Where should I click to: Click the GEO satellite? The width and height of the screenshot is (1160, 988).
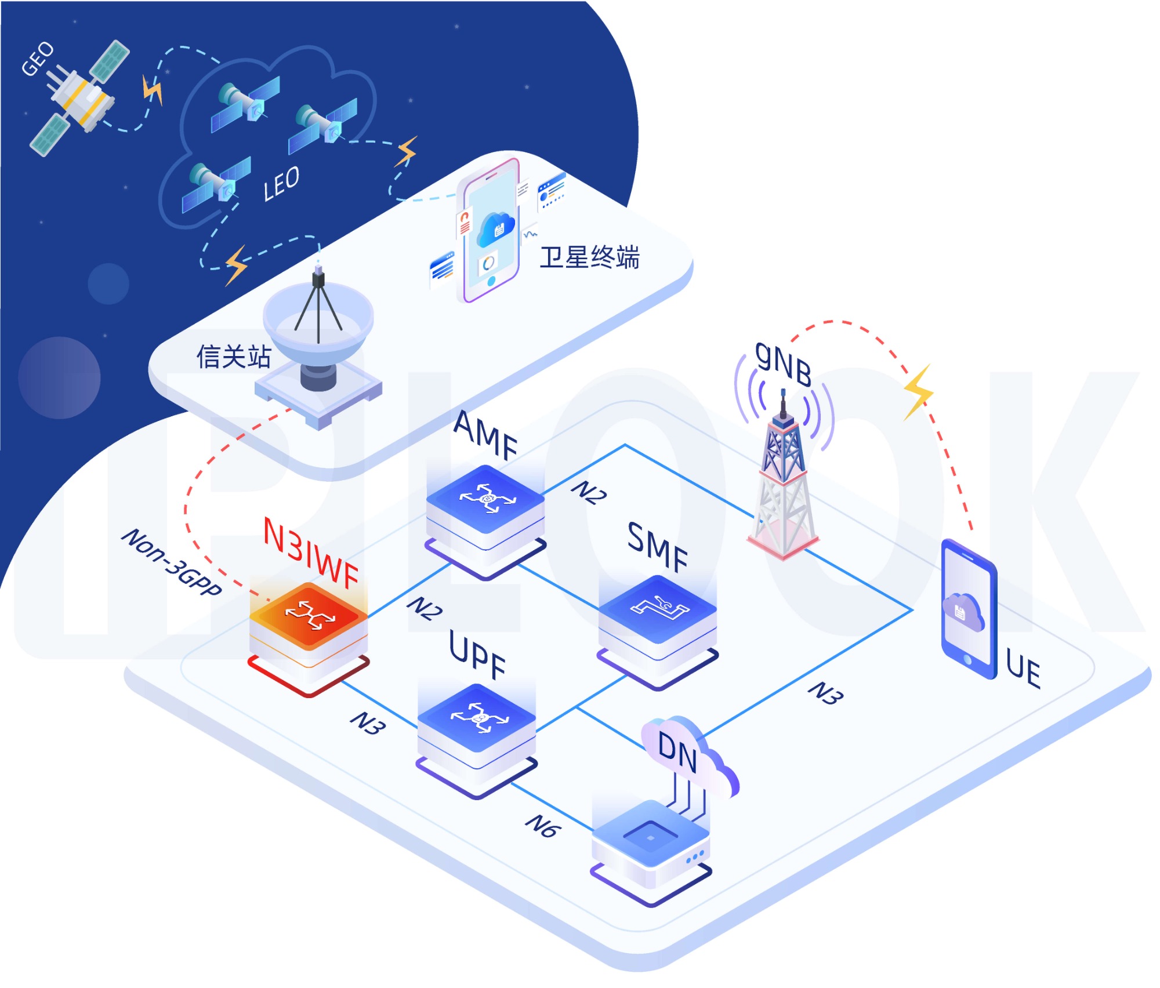[x=79, y=98]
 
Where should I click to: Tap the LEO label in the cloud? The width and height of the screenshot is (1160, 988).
[x=281, y=184]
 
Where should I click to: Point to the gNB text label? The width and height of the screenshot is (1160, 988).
[x=783, y=364]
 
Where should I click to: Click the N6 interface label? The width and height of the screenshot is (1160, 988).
[x=543, y=826]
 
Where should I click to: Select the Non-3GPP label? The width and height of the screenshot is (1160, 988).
[x=172, y=562]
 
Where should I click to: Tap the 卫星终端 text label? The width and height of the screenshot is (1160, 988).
[x=589, y=257]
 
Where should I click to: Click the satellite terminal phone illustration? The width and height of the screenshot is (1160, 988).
[x=490, y=232]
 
